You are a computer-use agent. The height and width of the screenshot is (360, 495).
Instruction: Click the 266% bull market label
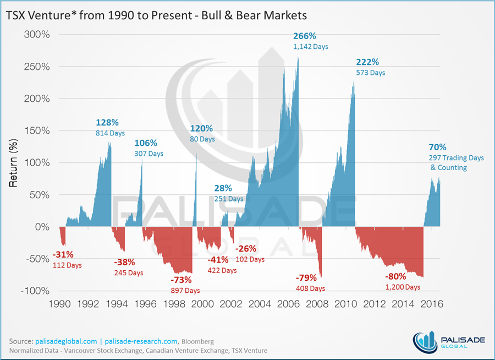pyautogui.click(x=305, y=36)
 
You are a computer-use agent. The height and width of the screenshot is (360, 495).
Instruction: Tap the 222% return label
pyautogui.click(x=367, y=62)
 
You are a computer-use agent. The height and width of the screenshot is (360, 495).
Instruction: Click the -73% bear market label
pyautogui.click(x=181, y=280)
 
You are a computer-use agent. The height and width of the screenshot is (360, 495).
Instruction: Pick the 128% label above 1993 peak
pyautogui.click(x=107, y=123)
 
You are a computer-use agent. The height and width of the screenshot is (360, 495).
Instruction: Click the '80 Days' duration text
pyautogui.click(x=202, y=139)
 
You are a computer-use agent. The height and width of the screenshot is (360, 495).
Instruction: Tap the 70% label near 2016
pyautogui.click(x=438, y=147)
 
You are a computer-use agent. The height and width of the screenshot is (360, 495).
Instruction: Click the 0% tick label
pyautogui.click(x=45, y=227)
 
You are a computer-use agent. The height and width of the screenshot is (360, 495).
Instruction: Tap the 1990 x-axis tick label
pyautogui.click(x=59, y=304)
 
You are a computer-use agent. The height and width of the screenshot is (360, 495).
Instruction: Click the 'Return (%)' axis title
pyautogui.click(x=14, y=163)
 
